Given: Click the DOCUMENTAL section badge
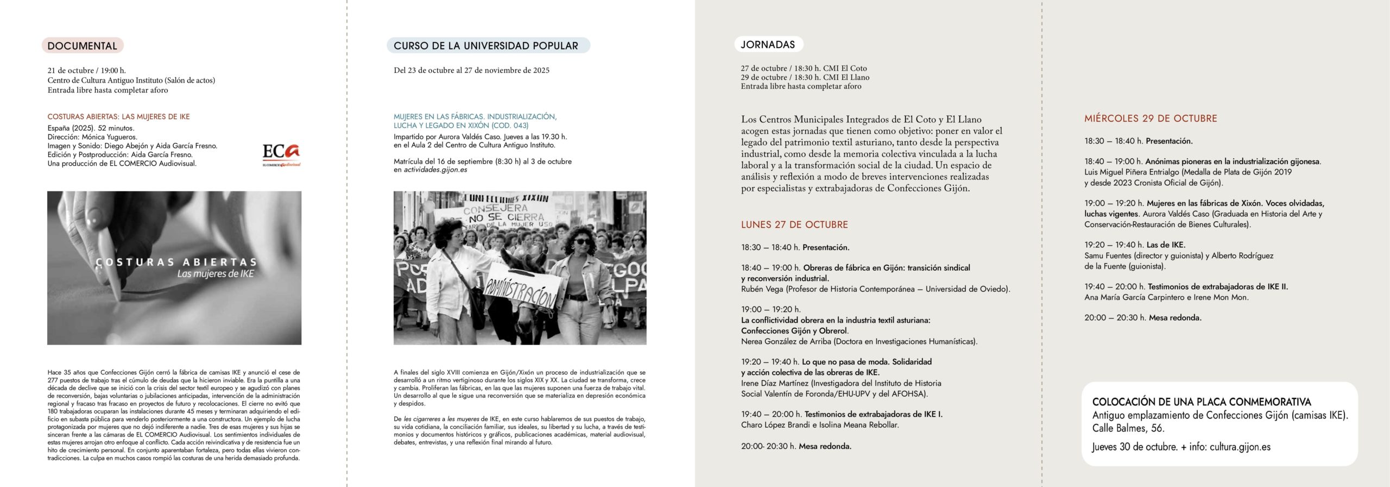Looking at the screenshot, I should pos(83,46).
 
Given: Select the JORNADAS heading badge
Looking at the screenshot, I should pos(768,45).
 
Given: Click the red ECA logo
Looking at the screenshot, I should pos(281,154).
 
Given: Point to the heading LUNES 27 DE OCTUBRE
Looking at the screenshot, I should pos(794,224).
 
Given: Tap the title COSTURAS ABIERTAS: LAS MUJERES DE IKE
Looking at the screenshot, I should pos(119,117).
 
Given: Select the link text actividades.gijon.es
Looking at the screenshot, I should pos(435,170).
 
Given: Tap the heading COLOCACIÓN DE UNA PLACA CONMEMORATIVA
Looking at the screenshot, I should pos(1201,402).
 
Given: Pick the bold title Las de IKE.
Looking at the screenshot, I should pos(1166,245).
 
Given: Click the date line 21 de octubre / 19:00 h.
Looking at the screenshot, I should pos(87,71).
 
